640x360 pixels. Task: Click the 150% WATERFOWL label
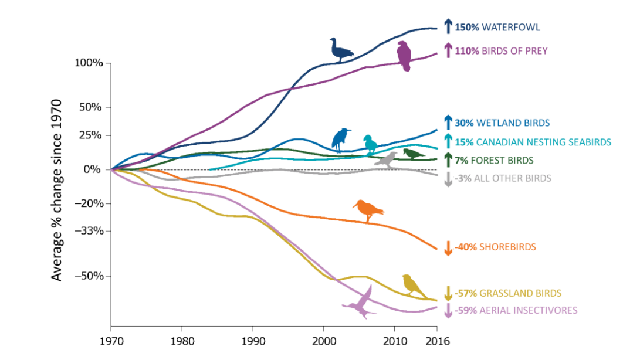click(x=497, y=27)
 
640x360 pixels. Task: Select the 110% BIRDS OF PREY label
click(x=501, y=51)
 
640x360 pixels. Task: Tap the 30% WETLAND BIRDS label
click(x=502, y=123)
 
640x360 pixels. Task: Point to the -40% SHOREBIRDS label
click(x=495, y=247)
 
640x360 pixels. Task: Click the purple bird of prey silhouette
click(x=404, y=56)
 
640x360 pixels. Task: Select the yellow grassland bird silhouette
click(x=414, y=286)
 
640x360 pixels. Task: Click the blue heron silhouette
click(x=341, y=138)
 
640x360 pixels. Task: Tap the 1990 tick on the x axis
click(x=253, y=341)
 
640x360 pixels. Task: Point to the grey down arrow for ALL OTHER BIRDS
click(x=448, y=179)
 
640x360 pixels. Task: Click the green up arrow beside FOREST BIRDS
click(x=448, y=159)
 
